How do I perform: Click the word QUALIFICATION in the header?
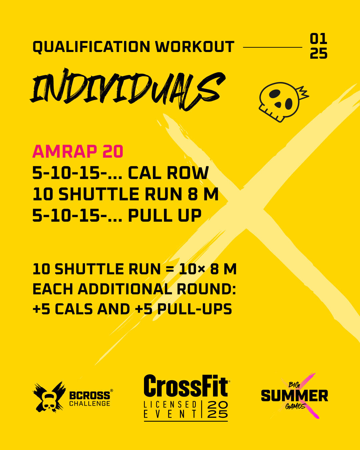(91, 47)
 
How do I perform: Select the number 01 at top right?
(318, 39)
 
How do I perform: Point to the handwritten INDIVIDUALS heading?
(128, 89)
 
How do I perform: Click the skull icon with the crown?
(283, 102)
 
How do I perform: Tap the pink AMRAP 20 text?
(78, 151)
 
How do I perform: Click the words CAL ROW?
(168, 173)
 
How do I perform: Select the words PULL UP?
(165, 215)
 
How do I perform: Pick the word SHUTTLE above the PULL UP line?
(99, 194)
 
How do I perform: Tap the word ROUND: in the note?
(206, 289)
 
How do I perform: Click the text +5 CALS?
(63, 309)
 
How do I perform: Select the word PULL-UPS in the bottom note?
(195, 309)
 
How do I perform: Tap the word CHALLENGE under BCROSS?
(90, 403)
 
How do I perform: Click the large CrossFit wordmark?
(186, 386)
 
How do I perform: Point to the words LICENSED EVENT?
(170, 409)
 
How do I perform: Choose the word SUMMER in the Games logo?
(295, 395)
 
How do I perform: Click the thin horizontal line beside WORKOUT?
(273, 47)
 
